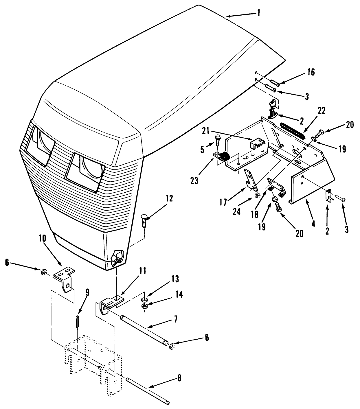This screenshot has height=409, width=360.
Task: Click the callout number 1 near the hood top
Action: [x=258, y=13]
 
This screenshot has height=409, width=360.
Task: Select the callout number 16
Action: [x=311, y=72]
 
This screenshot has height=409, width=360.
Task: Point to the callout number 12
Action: [x=169, y=198]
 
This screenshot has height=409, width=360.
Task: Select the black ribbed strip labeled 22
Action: [x=293, y=131]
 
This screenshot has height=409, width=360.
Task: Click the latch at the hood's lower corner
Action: [x=118, y=255]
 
